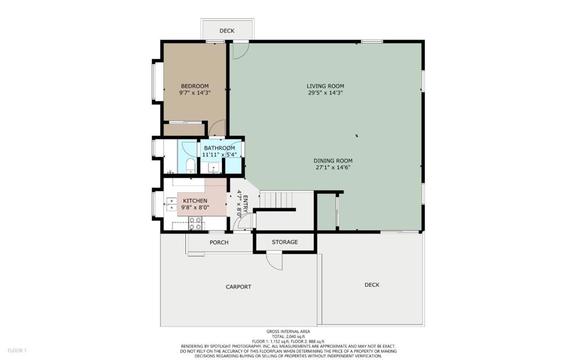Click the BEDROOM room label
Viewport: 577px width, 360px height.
[x=194, y=86]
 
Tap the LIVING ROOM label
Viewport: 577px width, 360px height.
[x=325, y=86]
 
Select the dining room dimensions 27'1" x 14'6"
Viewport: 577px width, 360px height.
[x=332, y=167]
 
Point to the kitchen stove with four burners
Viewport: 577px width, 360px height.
[x=196, y=224]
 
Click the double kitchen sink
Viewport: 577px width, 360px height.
[x=171, y=205]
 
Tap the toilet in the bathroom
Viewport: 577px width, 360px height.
[x=190, y=166]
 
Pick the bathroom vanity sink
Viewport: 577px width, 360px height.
[x=214, y=168]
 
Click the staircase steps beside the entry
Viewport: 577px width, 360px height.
[x=277, y=199]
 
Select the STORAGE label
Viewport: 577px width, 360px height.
[x=285, y=242]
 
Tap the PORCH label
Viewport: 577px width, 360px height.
[x=219, y=243]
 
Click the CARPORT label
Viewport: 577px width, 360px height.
[x=238, y=287]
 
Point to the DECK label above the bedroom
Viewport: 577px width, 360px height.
[x=227, y=31]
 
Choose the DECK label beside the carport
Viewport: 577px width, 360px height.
[x=372, y=285]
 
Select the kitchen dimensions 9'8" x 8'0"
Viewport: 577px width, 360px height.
[x=195, y=208]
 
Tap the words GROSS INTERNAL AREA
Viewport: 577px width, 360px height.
[x=288, y=332]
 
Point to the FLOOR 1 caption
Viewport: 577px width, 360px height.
[x=17, y=351]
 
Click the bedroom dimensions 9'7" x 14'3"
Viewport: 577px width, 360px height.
[x=194, y=93]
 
